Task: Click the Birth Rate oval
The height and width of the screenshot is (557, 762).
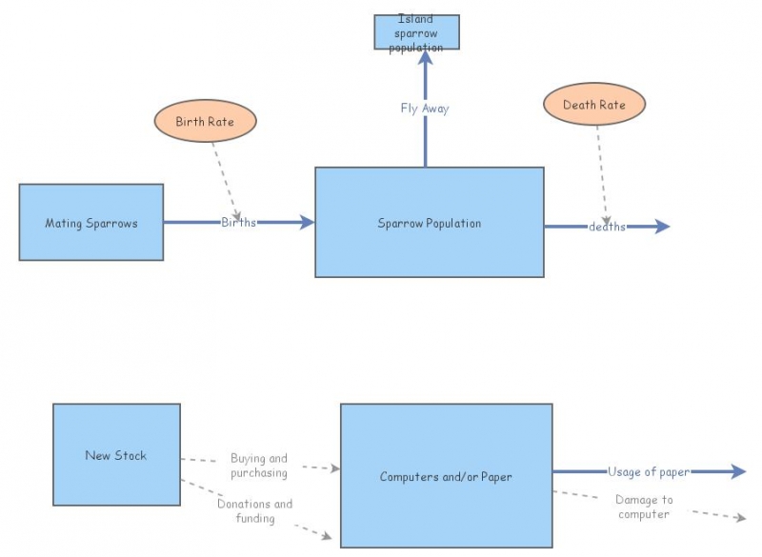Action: [x=204, y=122]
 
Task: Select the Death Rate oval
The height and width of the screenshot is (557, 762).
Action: [x=594, y=105]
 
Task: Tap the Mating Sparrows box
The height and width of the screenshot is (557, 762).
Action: [x=91, y=223]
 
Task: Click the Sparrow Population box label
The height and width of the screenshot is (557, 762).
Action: [x=429, y=224]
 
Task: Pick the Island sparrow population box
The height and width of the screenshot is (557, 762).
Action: [x=415, y=32]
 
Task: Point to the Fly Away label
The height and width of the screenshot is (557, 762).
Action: [x=425, y=109]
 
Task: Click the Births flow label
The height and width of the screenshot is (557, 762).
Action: [x=238, y=223]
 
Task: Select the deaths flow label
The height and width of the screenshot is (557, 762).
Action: [x=607, y=227]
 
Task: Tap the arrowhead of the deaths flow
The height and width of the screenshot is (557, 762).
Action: [x=663, y=227]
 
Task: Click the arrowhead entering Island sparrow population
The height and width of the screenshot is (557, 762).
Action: [x=426, y=57]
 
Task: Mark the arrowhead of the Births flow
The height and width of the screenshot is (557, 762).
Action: [x=307, y=223]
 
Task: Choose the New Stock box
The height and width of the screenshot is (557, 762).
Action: [x=116, y=455]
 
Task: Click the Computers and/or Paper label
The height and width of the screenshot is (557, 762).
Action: [x=446, y=477]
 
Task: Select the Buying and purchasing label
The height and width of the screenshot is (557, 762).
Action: [x=258, y=465]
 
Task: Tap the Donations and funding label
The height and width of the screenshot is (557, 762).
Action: [x=254, y=511]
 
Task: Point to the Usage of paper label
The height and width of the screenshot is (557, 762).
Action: [x=649, y=471]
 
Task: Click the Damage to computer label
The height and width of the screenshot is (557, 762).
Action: [x=644, y=507]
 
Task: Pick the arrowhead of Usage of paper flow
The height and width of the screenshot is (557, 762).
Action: [x=738, y=471]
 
